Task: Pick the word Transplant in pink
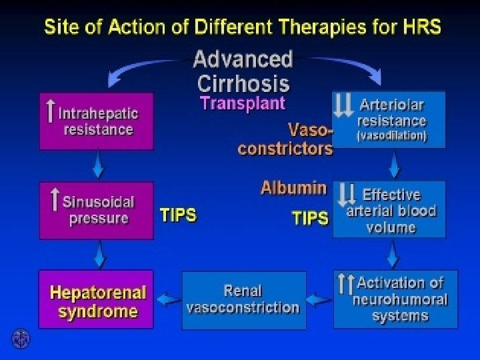click(x=243, y=103)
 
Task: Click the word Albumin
click(x=294, y=187)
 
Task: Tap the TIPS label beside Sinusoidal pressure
click(x=178, y=215)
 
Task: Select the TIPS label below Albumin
click(x=310, y=218)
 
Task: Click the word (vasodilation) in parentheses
click(x=392, y=136)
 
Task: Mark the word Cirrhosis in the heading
click(x=243, y=83)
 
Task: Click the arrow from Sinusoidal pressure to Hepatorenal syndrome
click(x=98, y=253)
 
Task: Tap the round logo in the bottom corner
click(x=21, y=339)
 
